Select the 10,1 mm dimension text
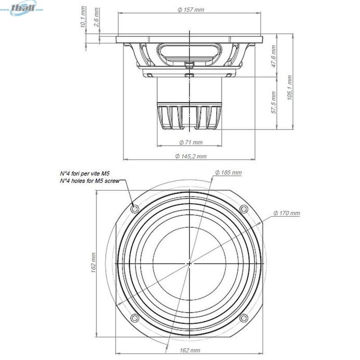click(84, 17)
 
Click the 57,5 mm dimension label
click(274, 103)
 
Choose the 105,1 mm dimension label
click(290, 87)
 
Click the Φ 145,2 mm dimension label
click(190, 156)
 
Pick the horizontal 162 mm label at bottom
click(189, 350)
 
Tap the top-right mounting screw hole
click(244, 209)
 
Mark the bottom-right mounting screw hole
click(244, 318)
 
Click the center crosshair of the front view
click(189, 263)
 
